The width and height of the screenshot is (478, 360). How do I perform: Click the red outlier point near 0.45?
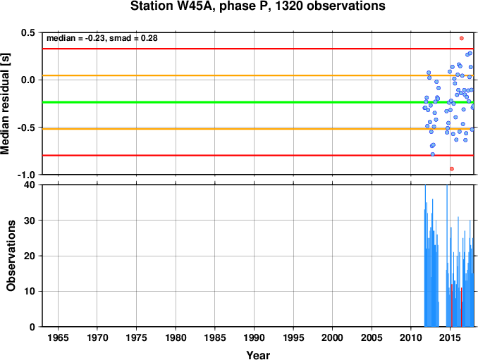(x=462, y=38)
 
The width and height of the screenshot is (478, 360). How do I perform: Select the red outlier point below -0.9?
(x=452, y=169)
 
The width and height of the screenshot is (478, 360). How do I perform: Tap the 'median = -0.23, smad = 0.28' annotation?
(x=102, y=38)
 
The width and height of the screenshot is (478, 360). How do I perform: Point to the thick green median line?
(x=258, y=102)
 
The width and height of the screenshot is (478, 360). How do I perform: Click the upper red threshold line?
(x=258, y=49)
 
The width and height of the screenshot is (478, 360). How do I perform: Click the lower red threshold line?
(x=258, y=155)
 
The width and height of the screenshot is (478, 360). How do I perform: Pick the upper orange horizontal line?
(x=258, y=75)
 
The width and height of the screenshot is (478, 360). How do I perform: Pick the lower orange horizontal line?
(x=258, y=129)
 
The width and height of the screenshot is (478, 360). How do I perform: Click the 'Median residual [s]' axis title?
(x=6, y=104)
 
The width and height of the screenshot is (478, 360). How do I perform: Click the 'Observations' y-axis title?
(x=11, y=256)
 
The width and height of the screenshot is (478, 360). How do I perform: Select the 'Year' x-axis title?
(x=258, y=355)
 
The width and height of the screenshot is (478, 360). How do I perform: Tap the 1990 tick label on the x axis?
(x=254, y=337)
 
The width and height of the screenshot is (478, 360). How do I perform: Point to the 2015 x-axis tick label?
(x=450, y=337)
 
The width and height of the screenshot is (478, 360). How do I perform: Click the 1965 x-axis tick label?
(x=58, y=337)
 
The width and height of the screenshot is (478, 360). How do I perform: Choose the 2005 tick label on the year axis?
(x=372, y=337)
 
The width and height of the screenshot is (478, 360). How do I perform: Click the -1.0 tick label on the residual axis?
(x=26, y=175)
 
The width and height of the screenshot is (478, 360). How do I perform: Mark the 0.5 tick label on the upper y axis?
(x=27, y=32)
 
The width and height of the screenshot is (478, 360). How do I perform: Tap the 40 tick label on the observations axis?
(x=30, y=185)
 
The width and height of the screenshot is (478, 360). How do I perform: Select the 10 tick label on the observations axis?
(x=30, y=292)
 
